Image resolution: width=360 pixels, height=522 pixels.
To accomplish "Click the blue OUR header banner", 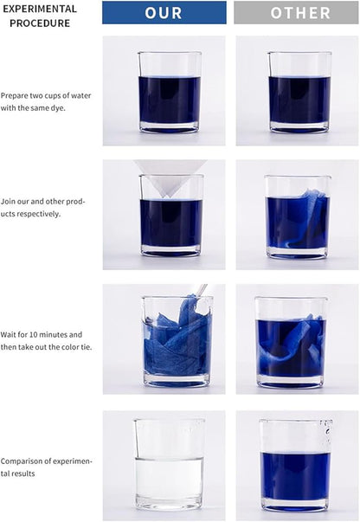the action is tap(164, 13).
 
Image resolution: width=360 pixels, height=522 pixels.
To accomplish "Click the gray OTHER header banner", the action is tap(296, 13).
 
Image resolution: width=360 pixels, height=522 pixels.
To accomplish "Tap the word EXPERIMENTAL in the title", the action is tap(40, 9).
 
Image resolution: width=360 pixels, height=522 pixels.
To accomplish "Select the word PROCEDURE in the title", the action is tap(40, 23).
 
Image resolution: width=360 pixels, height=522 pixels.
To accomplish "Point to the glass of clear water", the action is tap(170, 465).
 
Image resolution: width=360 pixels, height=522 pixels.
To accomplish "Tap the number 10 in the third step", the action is tap(33, 334).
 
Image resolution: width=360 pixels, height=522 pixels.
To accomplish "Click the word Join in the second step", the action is tap(8, 202).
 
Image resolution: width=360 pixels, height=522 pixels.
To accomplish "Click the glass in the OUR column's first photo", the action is tap(170, 93).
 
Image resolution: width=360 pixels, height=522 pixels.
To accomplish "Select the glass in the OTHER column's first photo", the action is tap(299, 93).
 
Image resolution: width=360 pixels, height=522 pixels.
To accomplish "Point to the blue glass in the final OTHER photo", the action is tap(296, 466).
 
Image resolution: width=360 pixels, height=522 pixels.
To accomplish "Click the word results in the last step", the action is tap(22, 474).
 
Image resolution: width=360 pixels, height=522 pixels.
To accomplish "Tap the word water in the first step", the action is tap(81, 96).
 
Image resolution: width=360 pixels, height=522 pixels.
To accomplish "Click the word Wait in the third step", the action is tap(8, 334).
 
